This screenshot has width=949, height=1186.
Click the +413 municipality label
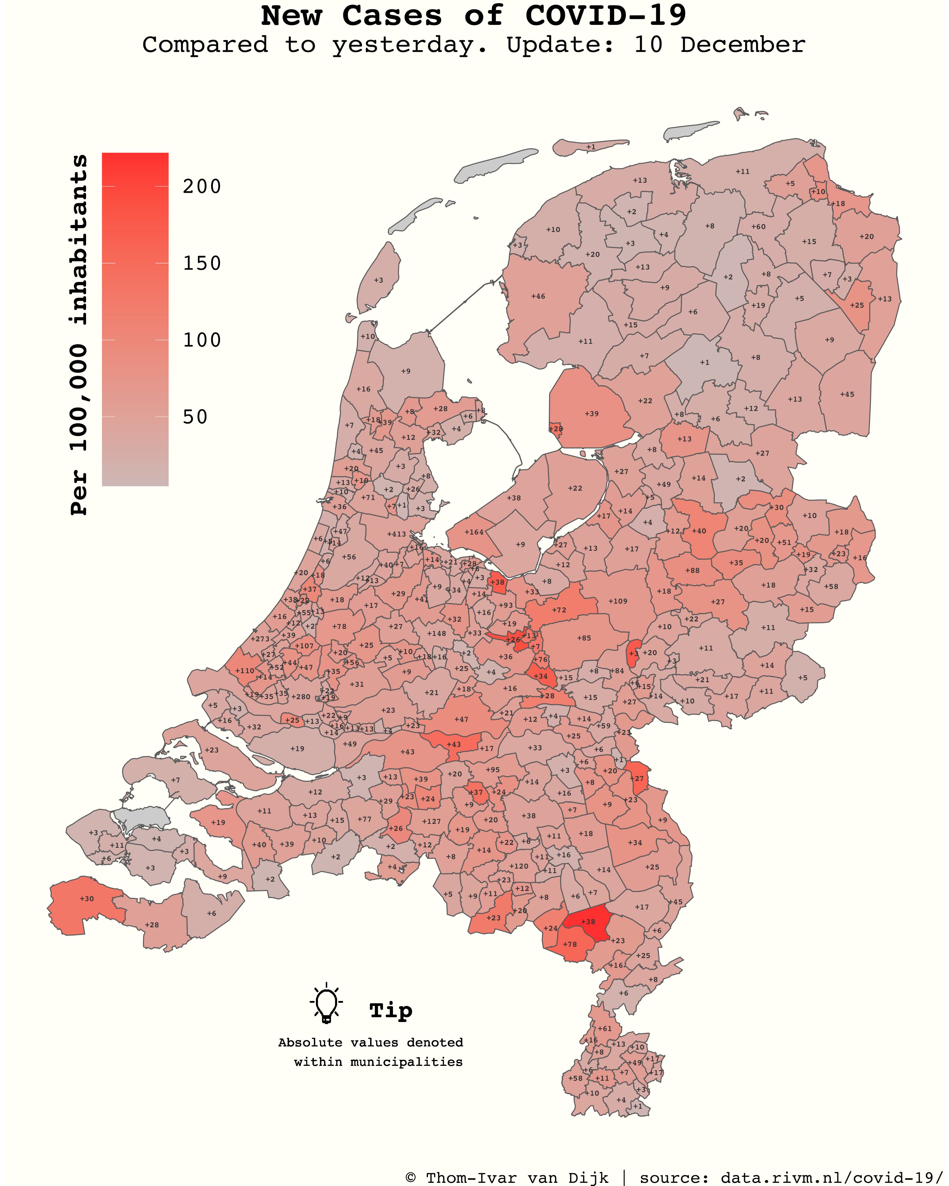(x=396, y=534)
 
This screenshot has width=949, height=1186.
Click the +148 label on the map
(x=437, y=633)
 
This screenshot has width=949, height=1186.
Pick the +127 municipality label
(x=431, y=821)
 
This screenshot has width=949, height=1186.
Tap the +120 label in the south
(x=518, y=866)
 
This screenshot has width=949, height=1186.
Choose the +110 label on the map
(x=245, y=671)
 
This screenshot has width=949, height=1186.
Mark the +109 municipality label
(x=618, y=601)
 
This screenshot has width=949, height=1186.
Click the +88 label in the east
(x=692, y=570)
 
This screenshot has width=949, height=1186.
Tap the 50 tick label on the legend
(x=195, y=417)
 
